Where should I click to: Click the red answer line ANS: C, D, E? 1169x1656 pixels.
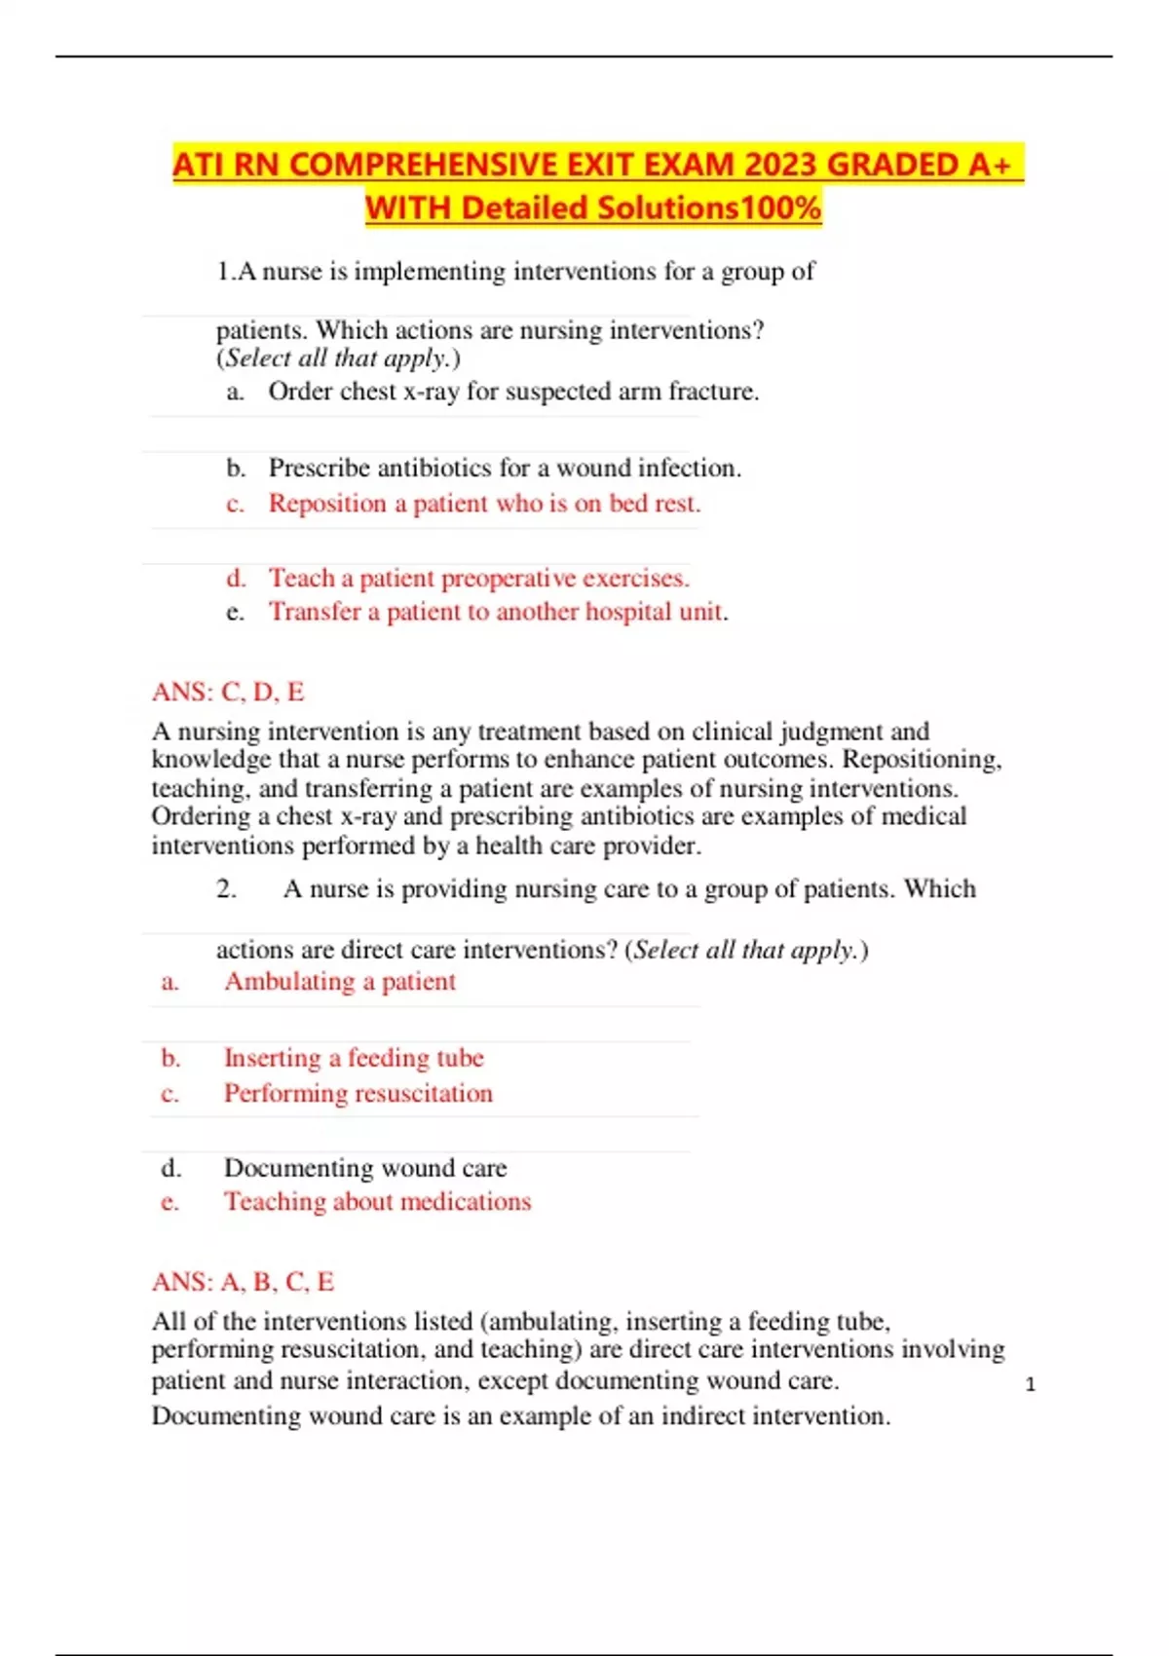(228, 692)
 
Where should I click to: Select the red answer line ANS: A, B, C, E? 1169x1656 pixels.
(243, 1281)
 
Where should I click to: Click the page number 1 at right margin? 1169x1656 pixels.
(1031, 1384)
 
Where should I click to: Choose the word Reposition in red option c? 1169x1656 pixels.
(314, 504)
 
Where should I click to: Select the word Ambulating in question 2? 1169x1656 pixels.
(289, 981)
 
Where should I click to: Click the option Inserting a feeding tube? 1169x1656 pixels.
(354, 1058)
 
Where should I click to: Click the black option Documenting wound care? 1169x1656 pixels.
(365, 1168)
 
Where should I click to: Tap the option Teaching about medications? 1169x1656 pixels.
(377, 1202)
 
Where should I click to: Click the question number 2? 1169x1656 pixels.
(226, 888)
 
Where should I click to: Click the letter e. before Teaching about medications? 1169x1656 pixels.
(170, 1202)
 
